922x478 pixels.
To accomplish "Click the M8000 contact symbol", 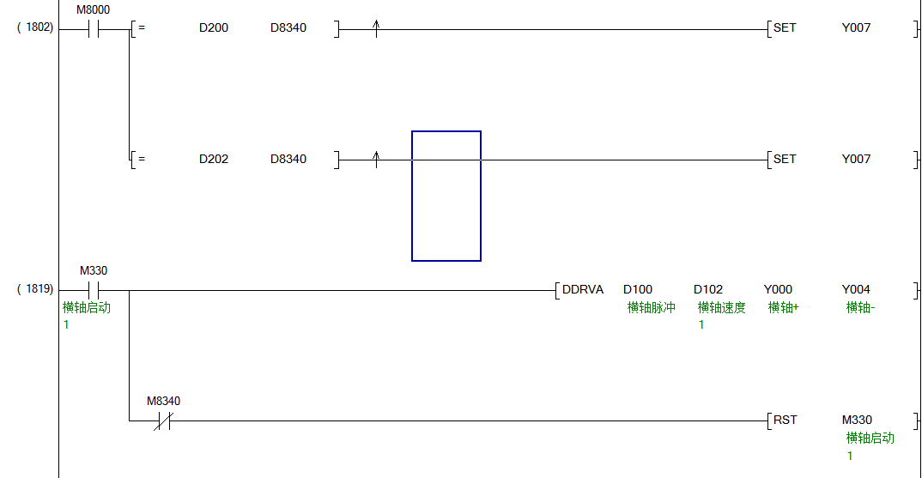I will coord(94,29).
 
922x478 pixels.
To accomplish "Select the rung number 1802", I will coord(35,27).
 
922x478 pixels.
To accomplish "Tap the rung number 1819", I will coord(35,289).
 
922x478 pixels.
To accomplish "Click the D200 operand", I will coord(214,27).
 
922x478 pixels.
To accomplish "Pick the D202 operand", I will coord(214,159).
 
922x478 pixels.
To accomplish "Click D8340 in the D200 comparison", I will coord(288,27).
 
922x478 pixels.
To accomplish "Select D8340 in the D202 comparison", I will coord(288,159).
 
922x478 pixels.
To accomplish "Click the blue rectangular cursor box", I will coord(446,196).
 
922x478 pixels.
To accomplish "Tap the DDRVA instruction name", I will coord(583,289).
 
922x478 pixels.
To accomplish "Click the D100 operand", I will coord(638,289).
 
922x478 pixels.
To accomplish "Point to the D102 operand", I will coord(708,289).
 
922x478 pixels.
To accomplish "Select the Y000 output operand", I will coord(778,289).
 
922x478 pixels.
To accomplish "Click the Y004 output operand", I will coord(856,289).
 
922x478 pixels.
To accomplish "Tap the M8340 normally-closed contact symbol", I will coord(163,421).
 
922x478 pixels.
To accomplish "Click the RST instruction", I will coord(785,420).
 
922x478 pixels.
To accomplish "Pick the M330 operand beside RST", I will coord(857,420).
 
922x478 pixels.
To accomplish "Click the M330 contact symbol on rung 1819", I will coord(94,290).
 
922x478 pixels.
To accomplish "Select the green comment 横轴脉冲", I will coord(651,307).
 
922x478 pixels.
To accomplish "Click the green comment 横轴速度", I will coord(721,307).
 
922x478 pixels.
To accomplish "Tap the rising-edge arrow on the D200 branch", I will coord(376,29).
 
